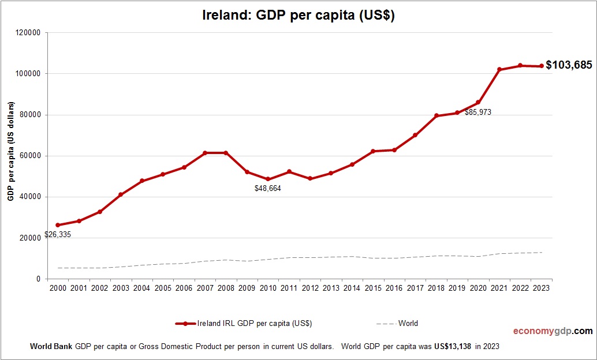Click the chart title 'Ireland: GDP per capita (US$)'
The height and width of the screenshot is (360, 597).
click(298, 16)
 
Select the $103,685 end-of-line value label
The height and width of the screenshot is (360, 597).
click(569, 65)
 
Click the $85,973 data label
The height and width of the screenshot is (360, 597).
click(477, 112)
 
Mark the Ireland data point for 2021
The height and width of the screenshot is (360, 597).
click(499, 70)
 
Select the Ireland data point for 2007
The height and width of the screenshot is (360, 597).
click(204, 153)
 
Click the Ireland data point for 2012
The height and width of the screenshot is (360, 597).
click(310, 178)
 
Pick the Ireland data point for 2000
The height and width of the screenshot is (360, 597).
click(58, 225)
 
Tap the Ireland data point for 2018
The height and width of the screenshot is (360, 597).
click(436, 116)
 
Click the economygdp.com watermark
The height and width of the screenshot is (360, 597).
click(553, 331)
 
